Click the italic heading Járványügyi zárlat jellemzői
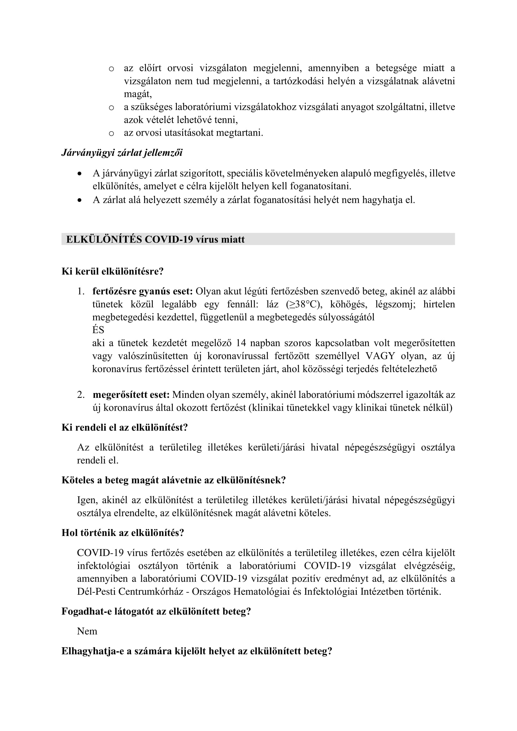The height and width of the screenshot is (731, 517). (x=122, y=153)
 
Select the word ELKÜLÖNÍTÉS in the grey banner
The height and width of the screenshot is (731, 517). (x=104, y=239)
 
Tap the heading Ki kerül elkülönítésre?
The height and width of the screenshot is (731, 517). (x=113, y=271)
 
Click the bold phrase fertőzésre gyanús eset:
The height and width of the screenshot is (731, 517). (x=143, y=291)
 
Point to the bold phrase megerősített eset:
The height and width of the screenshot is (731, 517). (x=131, y=395)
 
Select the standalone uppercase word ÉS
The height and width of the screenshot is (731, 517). (x=98, y=330)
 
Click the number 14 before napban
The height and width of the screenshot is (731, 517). (x=241, y=343)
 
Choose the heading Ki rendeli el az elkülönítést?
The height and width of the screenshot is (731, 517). (x=124, y=427)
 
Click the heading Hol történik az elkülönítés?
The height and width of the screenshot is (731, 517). (x=123, y=533)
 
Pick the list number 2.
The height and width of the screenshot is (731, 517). (x=81, y=395)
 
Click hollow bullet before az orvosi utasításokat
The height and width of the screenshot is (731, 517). (x=111, y=133)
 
